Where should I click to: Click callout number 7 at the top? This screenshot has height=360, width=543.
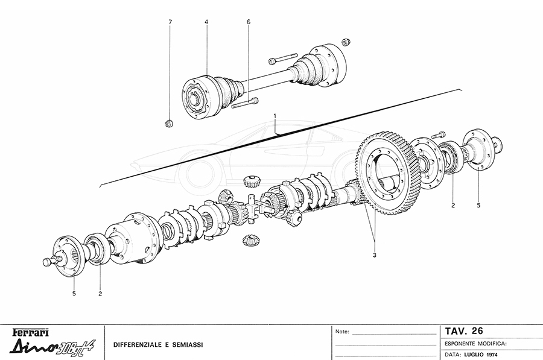click(170, 22)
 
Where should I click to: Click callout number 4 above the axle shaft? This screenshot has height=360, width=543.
click(206, 22)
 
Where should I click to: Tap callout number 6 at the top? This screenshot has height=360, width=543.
click(248, 22)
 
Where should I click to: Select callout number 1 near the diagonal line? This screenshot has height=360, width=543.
click(275, 115)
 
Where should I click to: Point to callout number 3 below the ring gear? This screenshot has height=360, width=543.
click(374, 255)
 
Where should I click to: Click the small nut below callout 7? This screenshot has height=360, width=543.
click(170, 124)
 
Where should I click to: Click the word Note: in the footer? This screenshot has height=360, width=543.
click(341, 332)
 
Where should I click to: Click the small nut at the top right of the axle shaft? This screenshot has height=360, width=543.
click(346, 42)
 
